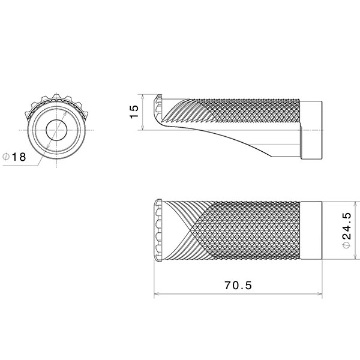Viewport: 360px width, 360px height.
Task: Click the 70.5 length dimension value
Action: coord(238,286)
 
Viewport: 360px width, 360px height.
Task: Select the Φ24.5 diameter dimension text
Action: coord(347,230)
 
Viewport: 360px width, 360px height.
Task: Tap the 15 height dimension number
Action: coord(134,112)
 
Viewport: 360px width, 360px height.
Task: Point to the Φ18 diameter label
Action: coord(14,157)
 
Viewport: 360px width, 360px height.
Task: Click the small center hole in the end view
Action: coord(56,130)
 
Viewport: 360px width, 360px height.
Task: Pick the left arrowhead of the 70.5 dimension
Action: coord(157,293)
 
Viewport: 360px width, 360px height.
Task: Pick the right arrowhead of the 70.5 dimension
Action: coord(320,293)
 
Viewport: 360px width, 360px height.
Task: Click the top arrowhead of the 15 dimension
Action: coord(143,97)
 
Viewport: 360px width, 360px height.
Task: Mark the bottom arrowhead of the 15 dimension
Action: coord(143,127)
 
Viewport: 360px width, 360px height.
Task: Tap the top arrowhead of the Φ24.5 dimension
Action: coord(356,204)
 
